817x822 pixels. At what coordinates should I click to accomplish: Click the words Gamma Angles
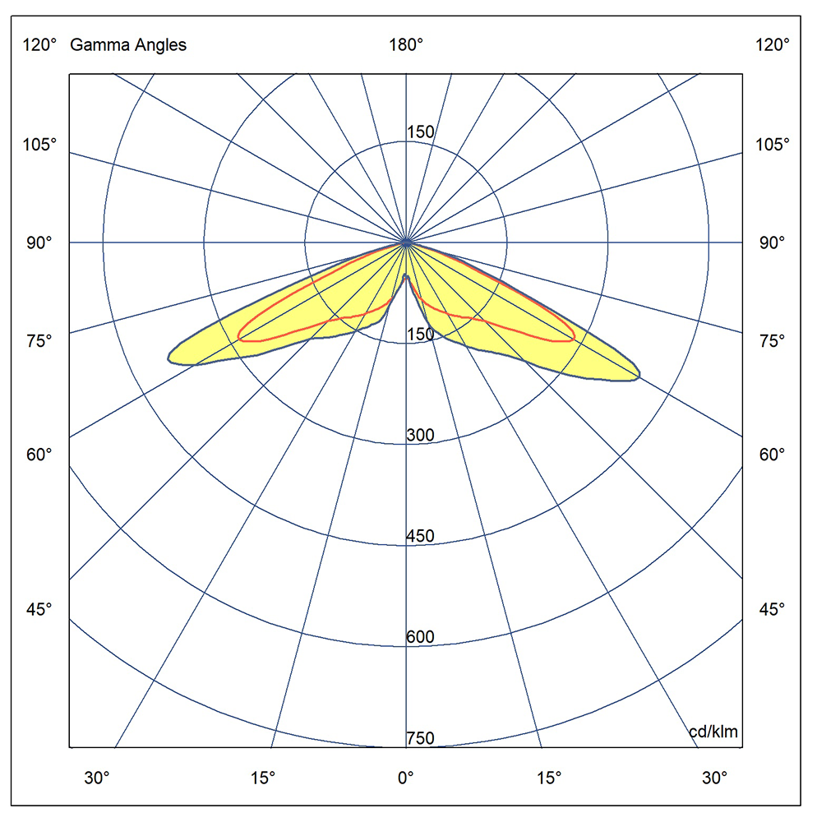coord(128,45)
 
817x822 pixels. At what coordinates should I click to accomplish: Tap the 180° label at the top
coord(406,45)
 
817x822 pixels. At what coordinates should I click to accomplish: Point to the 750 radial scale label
coord(420,738)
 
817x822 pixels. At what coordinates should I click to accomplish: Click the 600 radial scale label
coord(420,637)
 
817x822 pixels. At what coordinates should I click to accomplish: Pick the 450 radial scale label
coord(420,537)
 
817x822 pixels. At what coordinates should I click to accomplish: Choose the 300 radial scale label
coord(420,435)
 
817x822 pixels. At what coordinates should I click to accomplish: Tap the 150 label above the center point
coord(420,132)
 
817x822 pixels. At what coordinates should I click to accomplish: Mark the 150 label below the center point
coord(420,334)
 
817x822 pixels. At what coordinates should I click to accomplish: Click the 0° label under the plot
coord(405,778)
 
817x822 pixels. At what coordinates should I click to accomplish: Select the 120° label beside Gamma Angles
coord(39,45)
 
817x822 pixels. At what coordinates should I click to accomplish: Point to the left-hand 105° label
coord(39,145)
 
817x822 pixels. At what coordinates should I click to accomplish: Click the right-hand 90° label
coord(773,242)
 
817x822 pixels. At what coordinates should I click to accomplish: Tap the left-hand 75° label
coord(39,340)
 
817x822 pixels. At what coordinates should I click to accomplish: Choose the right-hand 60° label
coord(773,454)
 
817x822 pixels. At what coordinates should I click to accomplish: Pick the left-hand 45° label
coord(39,609)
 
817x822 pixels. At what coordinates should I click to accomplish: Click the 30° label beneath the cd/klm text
coord(714,778)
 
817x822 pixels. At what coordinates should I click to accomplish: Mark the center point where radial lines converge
coord(406,242)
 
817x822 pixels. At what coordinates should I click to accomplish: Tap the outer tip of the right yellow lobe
coord(639,376)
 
